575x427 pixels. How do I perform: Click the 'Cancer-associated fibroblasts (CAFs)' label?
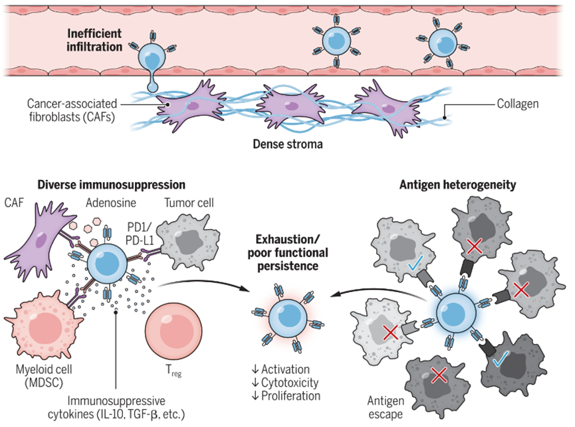click(68, 111)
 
